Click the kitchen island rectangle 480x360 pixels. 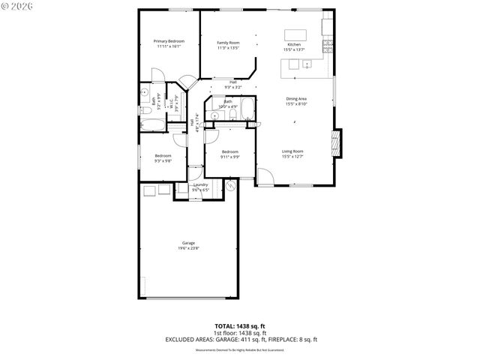point(295,34)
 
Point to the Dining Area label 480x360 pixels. point(296,101)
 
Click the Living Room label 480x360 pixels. point(292,154)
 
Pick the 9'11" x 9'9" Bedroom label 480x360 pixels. point(230,154)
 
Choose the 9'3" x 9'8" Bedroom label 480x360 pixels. point(163,158)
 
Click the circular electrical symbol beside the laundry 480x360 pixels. point(231,184)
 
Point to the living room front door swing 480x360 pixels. point(265,177)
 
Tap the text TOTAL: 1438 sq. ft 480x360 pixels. point(240,326)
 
